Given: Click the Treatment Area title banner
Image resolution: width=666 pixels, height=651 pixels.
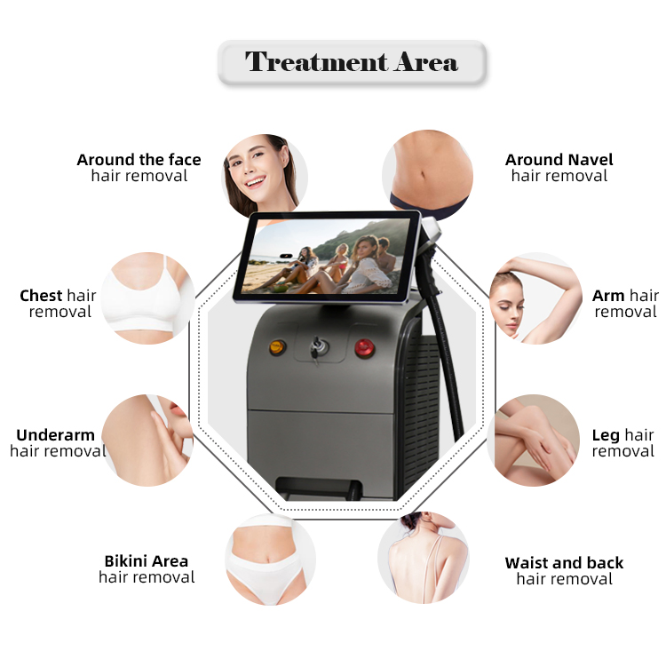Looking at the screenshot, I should pyautogui.click(x=352, y=63).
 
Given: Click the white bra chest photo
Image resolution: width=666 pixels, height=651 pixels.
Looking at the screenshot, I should pyautogui.click(x=147, y=298).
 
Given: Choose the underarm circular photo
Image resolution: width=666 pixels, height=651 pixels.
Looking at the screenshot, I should pyautogui.click(x=147, y=440).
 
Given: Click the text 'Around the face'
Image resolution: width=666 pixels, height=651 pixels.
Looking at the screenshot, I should pyautogui.click(x=139, y=160).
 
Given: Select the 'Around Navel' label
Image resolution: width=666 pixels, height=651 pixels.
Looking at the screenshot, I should pyautogui.click(x=559, y=160).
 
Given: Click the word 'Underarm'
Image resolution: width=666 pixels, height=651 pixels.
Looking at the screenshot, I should pyautogui.click(x=55, y=435).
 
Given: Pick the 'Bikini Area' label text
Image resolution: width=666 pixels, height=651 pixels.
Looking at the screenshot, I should pyautogui.click(x=147, y=561).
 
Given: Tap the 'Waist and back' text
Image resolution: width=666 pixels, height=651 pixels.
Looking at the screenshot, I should pyautogui.click(x=564, y=563).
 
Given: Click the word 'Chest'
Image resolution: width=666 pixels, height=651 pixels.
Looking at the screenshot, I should pyautogui.click(x=41, y=296).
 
